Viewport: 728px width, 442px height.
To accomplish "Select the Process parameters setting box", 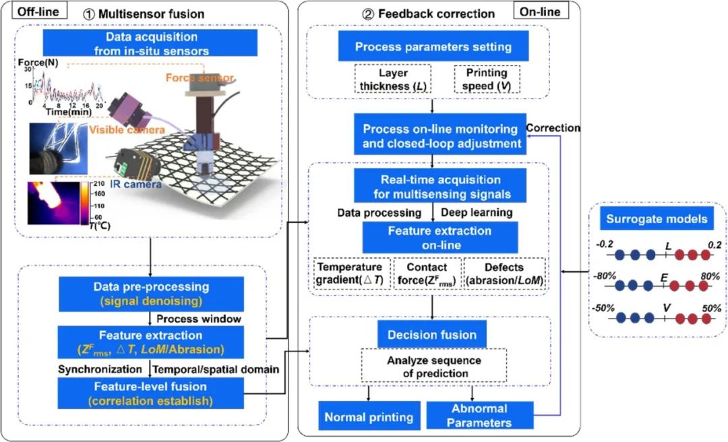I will click(x=433, y=47).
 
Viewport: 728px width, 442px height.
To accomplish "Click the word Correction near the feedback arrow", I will click(x=553, y=127).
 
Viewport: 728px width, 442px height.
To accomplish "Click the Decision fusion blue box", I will click(x=432, y=334).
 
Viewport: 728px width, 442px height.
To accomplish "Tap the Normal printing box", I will click(x=369, y=417).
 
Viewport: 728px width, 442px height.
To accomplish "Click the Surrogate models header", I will click(x=656, y=220).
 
